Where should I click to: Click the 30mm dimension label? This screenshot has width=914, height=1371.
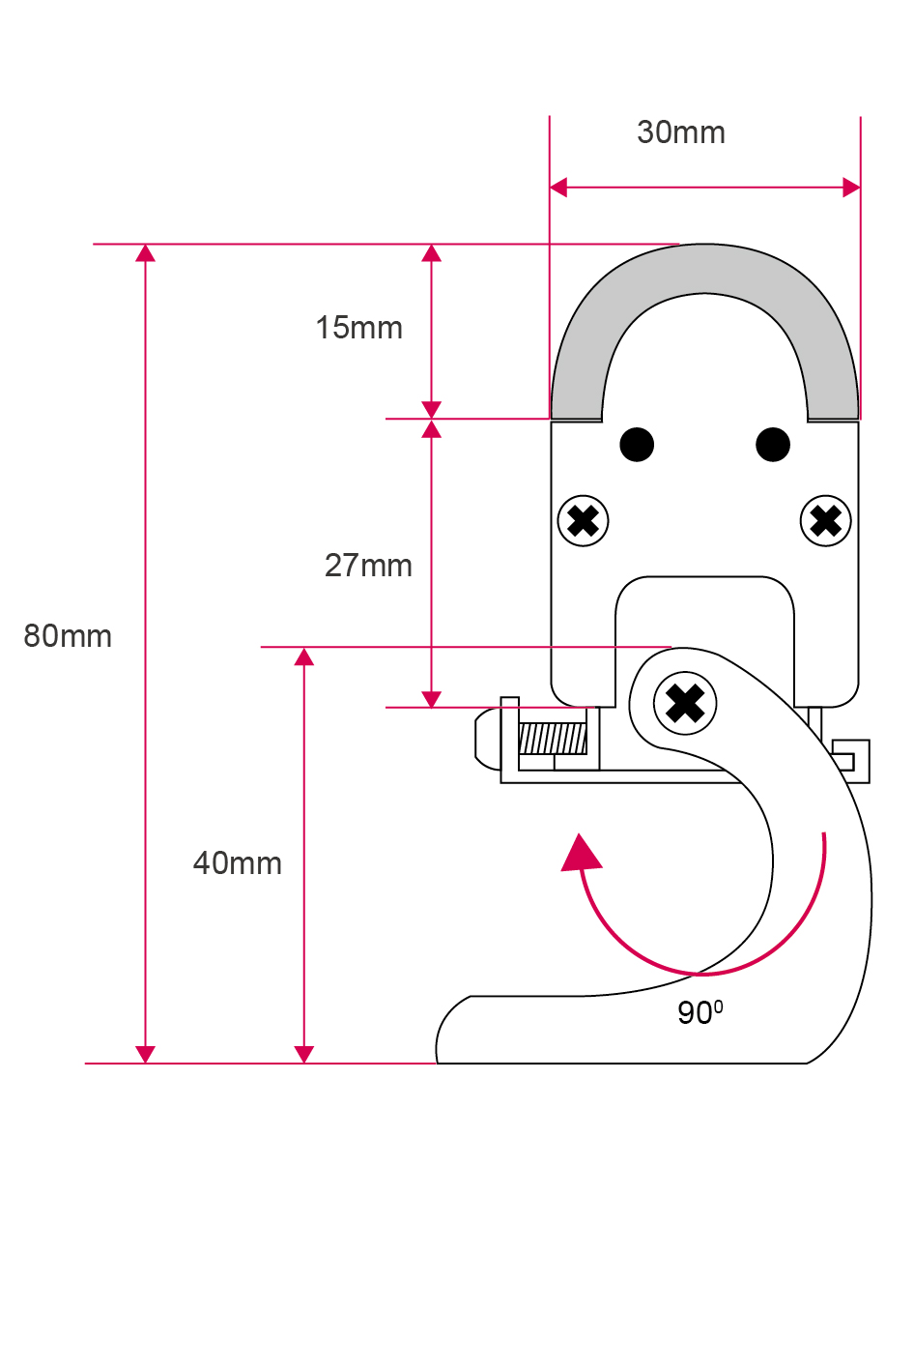681,132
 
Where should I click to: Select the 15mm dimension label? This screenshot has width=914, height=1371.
358,328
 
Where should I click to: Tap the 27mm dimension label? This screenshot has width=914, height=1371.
368,565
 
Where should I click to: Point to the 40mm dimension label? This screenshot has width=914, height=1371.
238,862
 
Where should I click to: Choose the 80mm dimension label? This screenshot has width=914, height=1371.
68,635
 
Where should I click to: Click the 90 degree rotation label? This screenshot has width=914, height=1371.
699,1012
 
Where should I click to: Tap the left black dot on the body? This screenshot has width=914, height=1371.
637,445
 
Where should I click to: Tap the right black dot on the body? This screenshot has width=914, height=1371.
773,445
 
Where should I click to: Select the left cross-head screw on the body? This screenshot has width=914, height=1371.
584,521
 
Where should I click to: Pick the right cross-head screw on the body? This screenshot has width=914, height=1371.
826,521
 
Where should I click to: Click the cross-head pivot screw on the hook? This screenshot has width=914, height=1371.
685,703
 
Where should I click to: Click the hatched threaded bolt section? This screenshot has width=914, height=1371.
553,740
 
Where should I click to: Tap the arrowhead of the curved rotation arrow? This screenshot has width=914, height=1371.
581,853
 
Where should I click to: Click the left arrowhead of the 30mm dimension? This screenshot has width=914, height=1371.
558,188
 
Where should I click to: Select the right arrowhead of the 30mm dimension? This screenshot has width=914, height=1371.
851,188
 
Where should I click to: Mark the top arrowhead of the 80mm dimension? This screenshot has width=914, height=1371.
145,253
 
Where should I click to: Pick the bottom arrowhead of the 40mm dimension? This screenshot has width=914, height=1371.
304,1054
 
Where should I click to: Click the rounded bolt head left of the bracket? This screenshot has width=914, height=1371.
487,740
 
